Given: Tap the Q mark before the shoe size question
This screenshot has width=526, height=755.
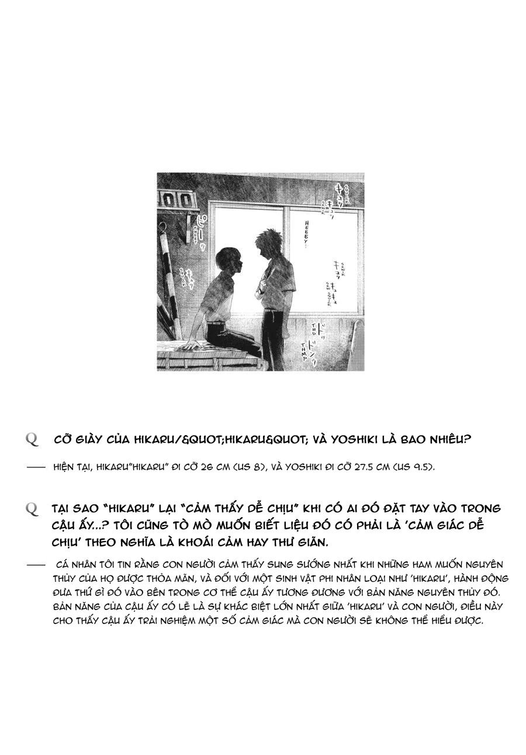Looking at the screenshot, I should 32,439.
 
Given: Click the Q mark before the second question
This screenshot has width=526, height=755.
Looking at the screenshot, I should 32,509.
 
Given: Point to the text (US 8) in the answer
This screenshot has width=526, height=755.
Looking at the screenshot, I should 254,467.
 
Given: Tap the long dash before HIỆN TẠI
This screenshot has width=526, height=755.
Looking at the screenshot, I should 36,467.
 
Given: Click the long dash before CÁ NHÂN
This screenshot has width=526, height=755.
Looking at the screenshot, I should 36,565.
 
